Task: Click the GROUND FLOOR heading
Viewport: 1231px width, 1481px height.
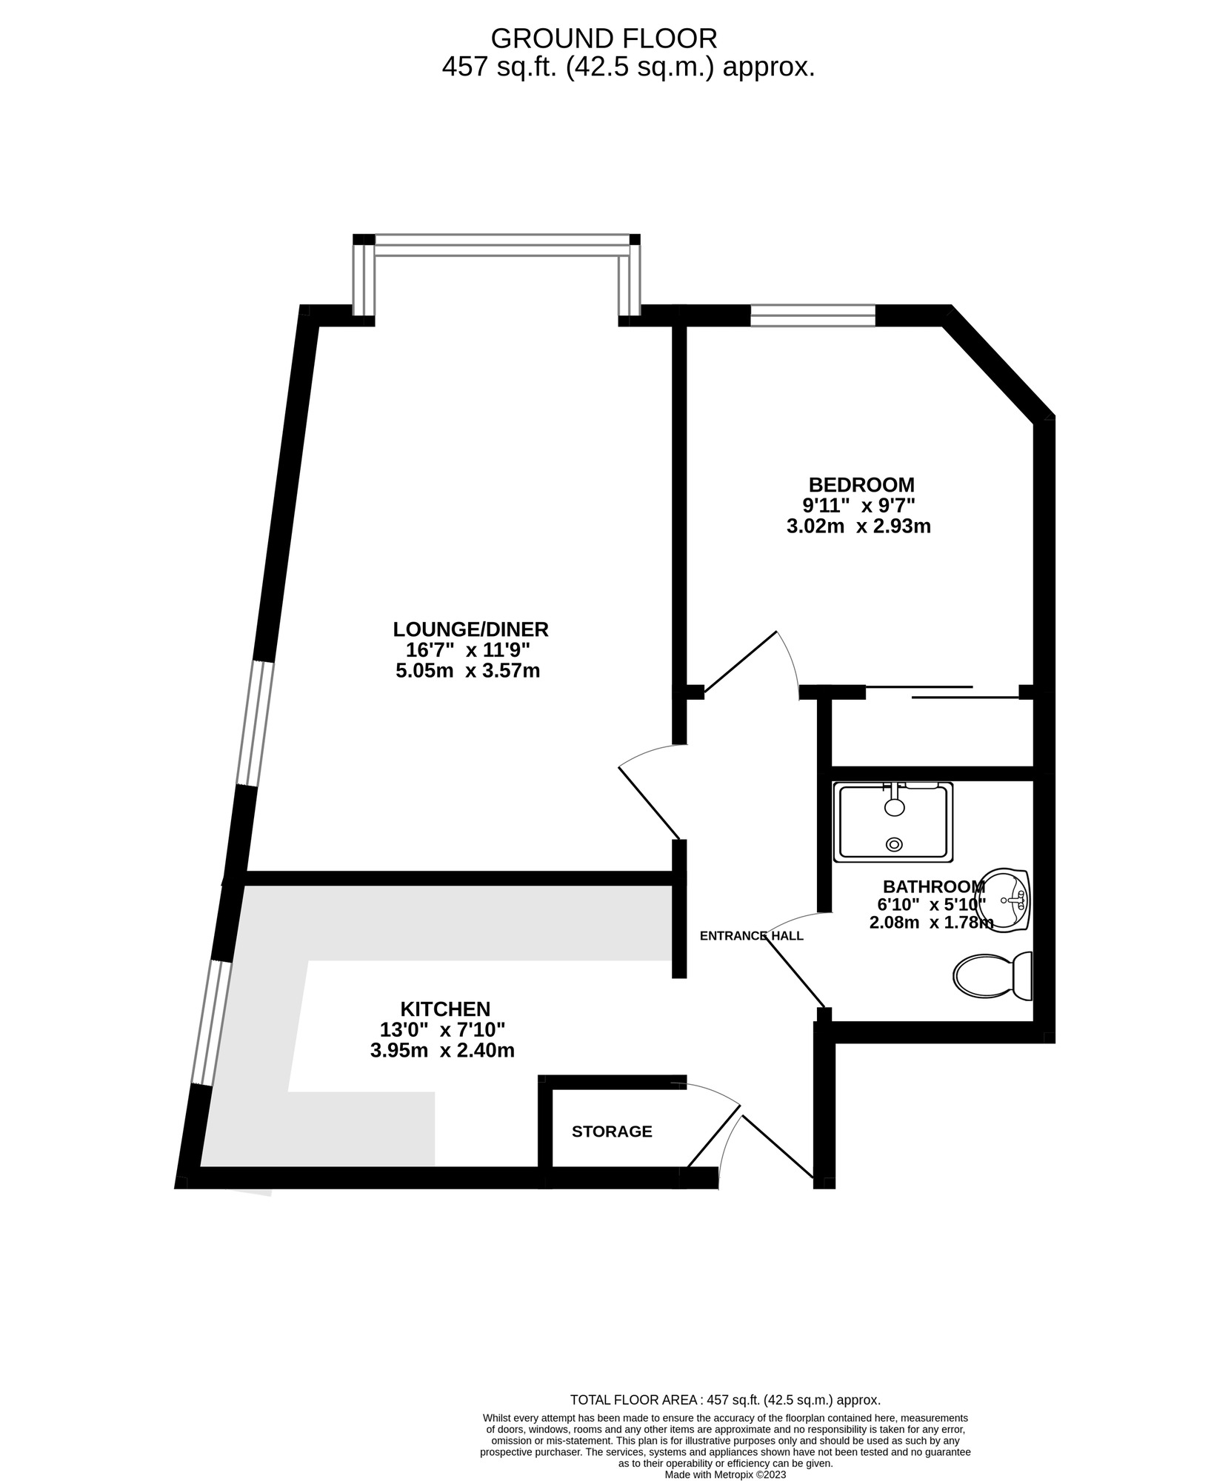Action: [604, 38]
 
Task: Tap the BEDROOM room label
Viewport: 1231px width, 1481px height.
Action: [861, 485]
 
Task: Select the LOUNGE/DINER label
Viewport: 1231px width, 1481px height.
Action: [470, 629]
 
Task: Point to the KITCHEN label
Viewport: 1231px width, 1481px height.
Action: [445, 1009]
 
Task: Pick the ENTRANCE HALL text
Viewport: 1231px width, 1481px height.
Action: [751, 935]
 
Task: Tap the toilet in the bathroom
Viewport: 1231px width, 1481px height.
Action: [993, 976]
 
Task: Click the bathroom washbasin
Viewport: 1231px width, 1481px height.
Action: [1004, 900]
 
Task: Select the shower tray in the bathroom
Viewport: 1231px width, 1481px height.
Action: [893, 822]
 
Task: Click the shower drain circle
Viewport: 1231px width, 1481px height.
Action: [895, 843]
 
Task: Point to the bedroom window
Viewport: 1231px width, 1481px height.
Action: [813, 315]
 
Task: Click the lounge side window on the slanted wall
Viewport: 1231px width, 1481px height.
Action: [255, 723]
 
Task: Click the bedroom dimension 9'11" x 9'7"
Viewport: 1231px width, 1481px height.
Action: [859, 506]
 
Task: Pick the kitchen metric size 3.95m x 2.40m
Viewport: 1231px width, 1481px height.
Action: [442, 1050]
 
